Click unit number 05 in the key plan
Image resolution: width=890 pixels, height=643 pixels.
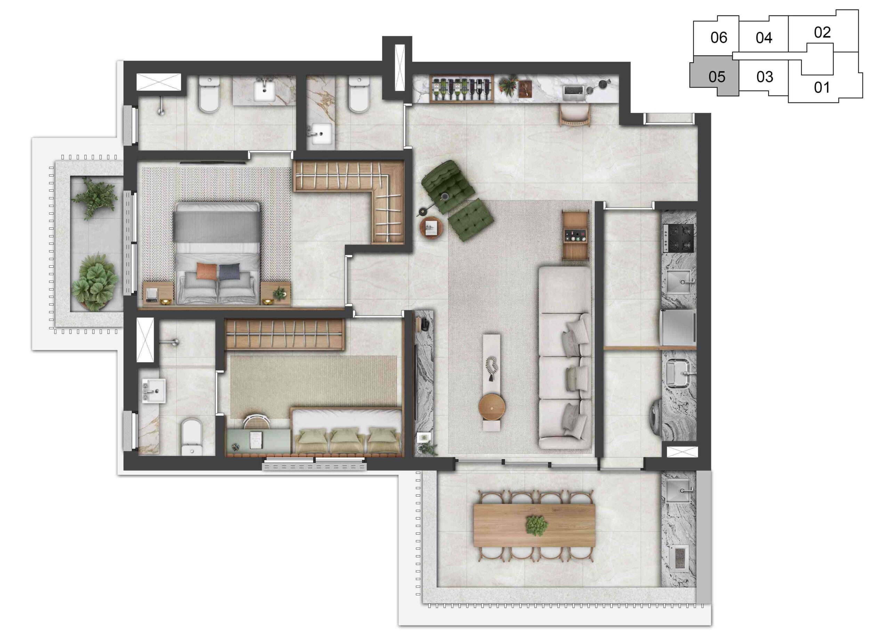coord(717,77)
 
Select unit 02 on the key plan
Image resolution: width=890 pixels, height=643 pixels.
coord(822,32)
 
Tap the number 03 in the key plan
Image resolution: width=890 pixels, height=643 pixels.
coord(764,77)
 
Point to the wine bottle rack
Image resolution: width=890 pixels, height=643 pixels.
coord(461,88)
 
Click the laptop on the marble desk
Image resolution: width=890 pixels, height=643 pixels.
coord(574,91)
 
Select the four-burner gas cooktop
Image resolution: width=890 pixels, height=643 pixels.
coord(678,238)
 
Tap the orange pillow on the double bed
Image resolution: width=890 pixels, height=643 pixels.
coord(207,271)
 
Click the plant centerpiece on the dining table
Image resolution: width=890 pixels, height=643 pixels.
coord(536,525)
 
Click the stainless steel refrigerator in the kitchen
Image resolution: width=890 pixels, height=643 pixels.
coord(678,327)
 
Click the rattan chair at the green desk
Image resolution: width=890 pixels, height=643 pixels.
coord(257,421)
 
